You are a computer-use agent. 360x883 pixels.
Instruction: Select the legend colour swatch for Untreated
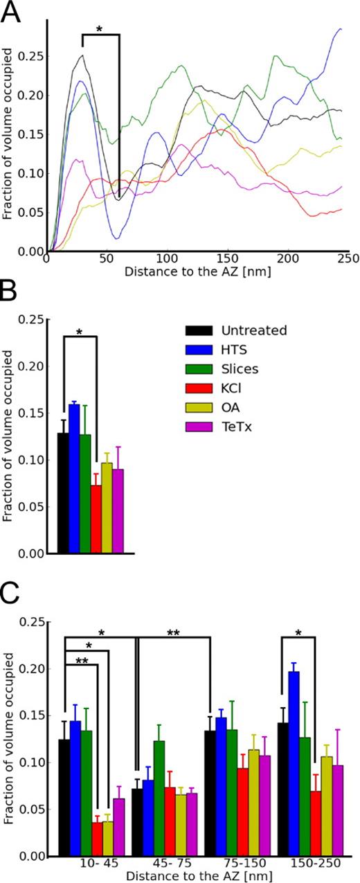click(x=197, y=331)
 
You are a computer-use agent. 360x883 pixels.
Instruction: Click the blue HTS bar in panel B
click(x=74, y=479)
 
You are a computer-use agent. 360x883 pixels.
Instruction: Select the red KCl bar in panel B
click(x=96, y=519)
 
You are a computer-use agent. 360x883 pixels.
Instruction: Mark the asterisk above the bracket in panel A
click(x=100, y=29)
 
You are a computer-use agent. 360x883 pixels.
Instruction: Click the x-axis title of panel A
click(x=197, y=271)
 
